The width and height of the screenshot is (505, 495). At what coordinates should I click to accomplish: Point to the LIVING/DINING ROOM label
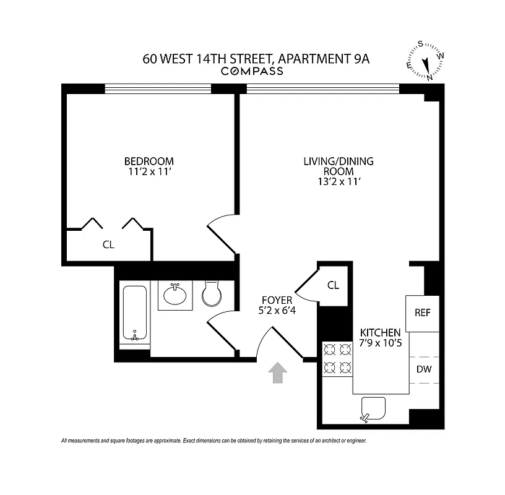click(x=338, y=166)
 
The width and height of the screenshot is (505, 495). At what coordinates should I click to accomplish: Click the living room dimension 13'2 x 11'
click(x=338, y=181)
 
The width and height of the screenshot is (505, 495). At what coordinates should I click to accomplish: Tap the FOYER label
click(x=277, y=300)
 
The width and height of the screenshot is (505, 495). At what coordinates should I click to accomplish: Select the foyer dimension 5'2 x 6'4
click(x=277, y=311)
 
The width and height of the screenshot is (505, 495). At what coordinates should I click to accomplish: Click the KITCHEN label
click(x=381, y=332)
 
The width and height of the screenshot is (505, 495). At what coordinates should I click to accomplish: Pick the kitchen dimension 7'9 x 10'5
click(x=381, y=342)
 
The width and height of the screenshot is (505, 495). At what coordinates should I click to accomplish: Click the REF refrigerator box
click(x=422, y=313)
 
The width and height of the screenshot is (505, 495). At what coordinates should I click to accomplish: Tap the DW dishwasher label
click(x=423, y=369)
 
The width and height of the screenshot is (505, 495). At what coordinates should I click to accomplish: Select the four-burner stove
click(x=337, y=359)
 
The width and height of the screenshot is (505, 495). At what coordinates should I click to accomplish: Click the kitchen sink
click(x=373, y=409)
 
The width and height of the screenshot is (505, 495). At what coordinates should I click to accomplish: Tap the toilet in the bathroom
click(x=212, y=293)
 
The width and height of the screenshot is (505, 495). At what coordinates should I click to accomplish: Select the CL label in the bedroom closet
click(x=108, y=244)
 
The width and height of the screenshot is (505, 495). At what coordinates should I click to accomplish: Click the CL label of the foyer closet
click(x=333, y=285)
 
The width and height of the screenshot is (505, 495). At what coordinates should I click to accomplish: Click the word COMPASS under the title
click(x=252, y=71)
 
